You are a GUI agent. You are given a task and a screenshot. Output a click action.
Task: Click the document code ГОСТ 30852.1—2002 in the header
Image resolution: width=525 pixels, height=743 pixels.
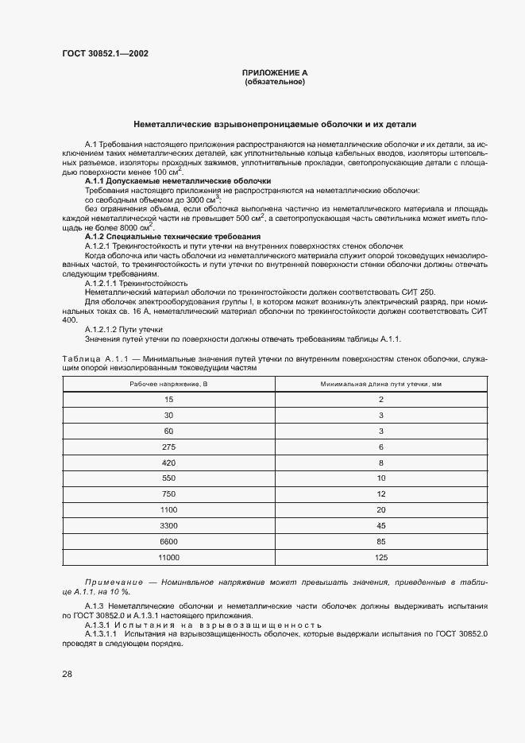tap(105, 54)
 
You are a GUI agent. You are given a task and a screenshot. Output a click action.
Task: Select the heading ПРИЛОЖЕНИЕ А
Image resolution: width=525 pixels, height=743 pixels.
tap(275, 73)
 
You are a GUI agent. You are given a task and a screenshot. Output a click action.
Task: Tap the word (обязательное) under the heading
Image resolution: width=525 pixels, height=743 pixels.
tap(275, 82)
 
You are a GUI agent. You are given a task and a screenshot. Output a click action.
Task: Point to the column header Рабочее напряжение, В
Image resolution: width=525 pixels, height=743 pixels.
tap(168, 384)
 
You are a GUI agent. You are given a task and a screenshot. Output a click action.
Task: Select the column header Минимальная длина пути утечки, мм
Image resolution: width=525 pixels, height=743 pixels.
tap(380, 384)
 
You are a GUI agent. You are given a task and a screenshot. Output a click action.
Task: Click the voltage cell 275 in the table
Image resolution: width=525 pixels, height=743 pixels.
tap(168, 447)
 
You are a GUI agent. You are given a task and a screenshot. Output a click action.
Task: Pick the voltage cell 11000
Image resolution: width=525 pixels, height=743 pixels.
tap(168, 558)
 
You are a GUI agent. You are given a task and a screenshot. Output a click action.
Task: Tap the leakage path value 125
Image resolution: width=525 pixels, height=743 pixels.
tap(380, 558)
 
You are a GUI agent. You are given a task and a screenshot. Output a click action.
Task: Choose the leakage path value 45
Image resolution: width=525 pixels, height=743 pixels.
tap(380, 526)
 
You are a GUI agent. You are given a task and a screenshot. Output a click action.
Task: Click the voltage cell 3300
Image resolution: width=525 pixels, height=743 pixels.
tap(168, 526)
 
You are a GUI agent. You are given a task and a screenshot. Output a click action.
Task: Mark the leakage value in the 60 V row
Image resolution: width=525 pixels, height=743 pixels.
tap(380, 431)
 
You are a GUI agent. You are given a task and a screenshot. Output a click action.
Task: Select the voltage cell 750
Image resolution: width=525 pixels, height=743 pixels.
tap(168, 494)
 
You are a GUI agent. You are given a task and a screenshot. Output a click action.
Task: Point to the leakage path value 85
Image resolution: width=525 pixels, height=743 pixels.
tap(380, 542)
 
